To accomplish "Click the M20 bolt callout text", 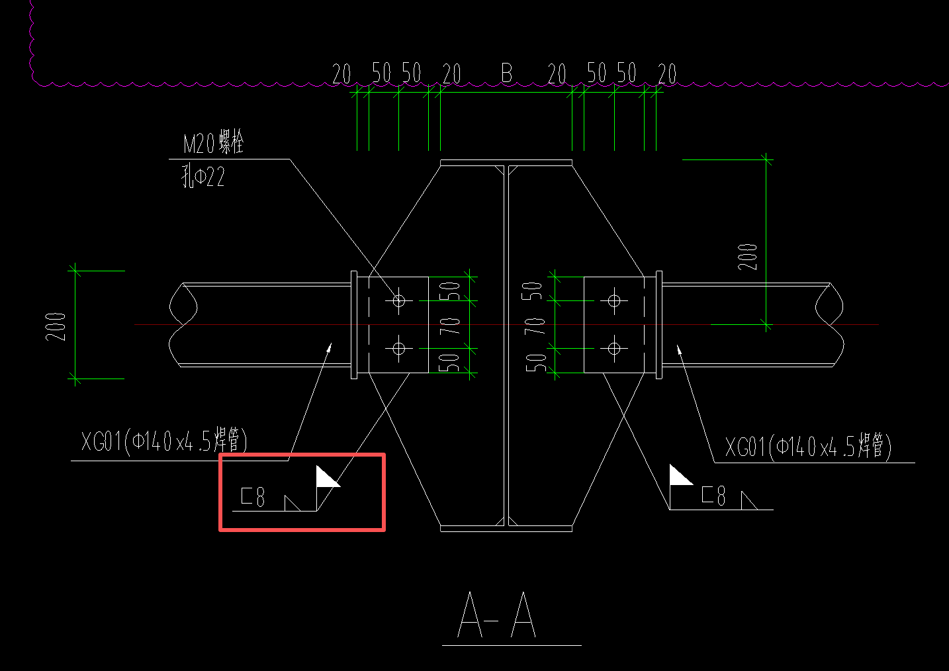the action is click(x=213, y=142).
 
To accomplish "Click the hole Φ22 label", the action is click(x=203, y=176).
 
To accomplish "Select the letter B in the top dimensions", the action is click(x=507, y=73).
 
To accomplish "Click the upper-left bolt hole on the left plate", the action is click(x=398, y=301).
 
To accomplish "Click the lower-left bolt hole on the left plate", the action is click(x=398, y=349).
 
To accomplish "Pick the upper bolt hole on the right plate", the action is click(x=614, y=301).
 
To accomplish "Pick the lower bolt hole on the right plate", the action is click(x=614, y=349).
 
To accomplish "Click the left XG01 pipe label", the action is click(x=164, y=441).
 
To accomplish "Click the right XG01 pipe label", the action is click(x=808, y=446).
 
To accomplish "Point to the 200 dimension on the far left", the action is click(x=56, y=327).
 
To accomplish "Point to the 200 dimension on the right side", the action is click(x=747, y=257).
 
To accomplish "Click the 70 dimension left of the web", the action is click(x=450, y=326).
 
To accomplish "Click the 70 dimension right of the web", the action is click(x=535, y=326).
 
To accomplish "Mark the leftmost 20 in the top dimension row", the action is click(x=341, y=73).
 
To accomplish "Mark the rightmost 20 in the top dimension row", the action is click(x=667, y=73).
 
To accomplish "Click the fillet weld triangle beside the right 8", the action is click(x=748, y=501).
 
